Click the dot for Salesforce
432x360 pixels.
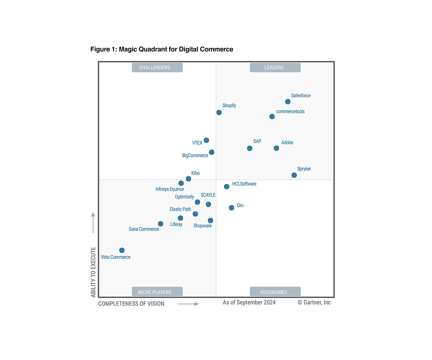click(288, 102)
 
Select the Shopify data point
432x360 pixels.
click(219, 113)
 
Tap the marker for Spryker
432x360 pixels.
click(294, 175)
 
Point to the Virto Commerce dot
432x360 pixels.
click(122, 250)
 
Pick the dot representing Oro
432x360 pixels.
click(231, 208)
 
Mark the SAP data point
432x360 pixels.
click(249, 148)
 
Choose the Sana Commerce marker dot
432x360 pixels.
click(161, 224)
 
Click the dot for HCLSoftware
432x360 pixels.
click(226, 186)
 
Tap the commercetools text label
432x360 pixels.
click(290, 112)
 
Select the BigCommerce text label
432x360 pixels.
click(195, 156)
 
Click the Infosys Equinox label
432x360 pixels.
click(170, 189)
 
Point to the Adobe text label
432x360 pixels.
click(287, 143)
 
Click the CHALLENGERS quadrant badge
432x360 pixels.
click(157, 68)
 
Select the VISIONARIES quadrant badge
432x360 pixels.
click(275, 292)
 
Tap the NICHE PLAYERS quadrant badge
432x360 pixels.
click(157, 292)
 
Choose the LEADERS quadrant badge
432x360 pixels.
click(275, 68)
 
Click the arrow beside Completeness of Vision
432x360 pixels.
click(188, 304)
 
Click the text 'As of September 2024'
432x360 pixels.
click(249, 302)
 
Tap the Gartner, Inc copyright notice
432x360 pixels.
click(314, 302)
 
